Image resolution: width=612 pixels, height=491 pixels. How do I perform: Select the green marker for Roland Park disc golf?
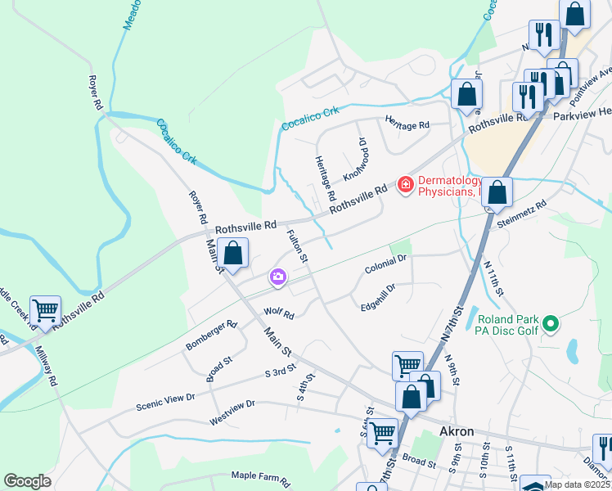(x=551, y=325)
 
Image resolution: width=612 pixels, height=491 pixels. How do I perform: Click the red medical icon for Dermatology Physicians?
(x=404, y=186)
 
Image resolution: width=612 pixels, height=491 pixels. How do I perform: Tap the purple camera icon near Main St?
(x=278, y=278)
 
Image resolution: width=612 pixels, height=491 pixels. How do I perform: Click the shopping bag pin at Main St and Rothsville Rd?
(x=233, y=254)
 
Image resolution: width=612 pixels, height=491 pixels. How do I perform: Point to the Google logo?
(x=27, y=481)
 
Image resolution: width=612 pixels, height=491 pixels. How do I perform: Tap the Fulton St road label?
(x=296, y=246)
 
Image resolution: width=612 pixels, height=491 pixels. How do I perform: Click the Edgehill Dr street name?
(x=378, y=298)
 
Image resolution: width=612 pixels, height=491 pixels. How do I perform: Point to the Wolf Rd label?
(x=278, y=313)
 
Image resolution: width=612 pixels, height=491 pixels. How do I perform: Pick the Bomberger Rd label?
(x=210, y=336)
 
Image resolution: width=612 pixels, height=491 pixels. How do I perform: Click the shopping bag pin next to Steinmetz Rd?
(x=497, y=194)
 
